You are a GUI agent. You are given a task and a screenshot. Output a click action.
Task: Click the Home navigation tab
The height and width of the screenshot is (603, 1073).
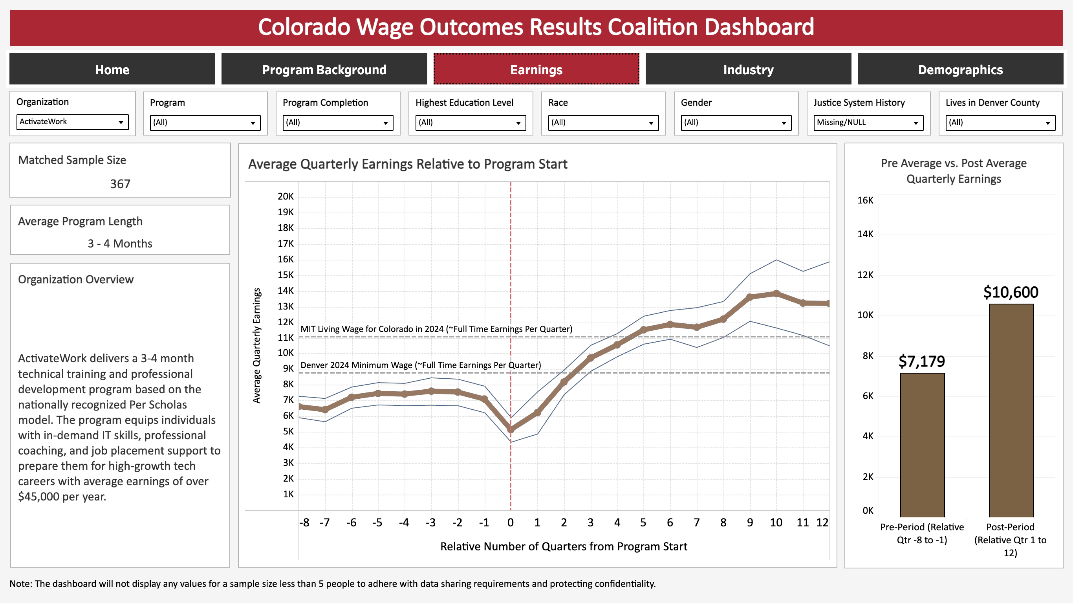click(x=112, y=69)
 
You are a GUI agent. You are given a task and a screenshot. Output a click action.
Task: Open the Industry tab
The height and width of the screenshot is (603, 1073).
click(x=748, y=69)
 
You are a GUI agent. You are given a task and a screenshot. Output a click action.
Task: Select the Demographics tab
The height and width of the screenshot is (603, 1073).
click(x=960, y=69)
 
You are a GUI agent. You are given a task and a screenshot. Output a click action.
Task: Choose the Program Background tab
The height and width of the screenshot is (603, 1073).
click(x=324, y=69)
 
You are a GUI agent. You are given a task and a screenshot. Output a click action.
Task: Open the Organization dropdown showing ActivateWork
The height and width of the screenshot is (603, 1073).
click(x=72, y=122)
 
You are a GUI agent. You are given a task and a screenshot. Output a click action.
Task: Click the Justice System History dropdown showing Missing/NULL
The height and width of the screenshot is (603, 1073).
click(x=868, y=123)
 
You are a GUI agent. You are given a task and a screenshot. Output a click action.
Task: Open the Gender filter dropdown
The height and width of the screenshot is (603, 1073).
click(x=736, y=123)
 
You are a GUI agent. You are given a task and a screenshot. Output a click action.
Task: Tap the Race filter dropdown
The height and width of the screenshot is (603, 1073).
click(x=603, y=123)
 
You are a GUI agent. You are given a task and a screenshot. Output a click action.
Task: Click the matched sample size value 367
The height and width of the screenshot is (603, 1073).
click(x=120, y=184)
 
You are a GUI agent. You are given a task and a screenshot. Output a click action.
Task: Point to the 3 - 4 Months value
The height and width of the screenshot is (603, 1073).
click(x=120, y=244)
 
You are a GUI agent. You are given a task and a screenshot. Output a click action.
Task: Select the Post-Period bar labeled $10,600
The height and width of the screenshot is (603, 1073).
click(x=1011, y=410)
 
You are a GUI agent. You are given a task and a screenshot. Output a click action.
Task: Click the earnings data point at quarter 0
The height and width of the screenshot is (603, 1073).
click(x=511, y=429)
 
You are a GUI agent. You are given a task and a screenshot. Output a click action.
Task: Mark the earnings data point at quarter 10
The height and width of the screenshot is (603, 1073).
click(x=776, y=293)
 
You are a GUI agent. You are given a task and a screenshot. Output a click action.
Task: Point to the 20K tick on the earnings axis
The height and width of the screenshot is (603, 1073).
click(x=286, y=196)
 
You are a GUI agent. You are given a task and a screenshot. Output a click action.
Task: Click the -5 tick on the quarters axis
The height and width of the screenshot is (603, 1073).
click(x=377, y=522)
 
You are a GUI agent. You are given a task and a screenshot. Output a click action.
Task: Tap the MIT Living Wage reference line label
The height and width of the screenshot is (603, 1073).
click(x=436, y=329)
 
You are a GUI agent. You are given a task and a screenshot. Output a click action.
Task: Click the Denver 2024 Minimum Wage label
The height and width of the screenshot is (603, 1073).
click(x=421, y=365)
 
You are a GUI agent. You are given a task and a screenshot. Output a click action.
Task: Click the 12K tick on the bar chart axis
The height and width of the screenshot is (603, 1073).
click(x=865, y=275)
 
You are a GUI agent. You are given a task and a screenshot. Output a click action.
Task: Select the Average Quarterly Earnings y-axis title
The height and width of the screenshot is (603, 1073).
click(x=256, y=345)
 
